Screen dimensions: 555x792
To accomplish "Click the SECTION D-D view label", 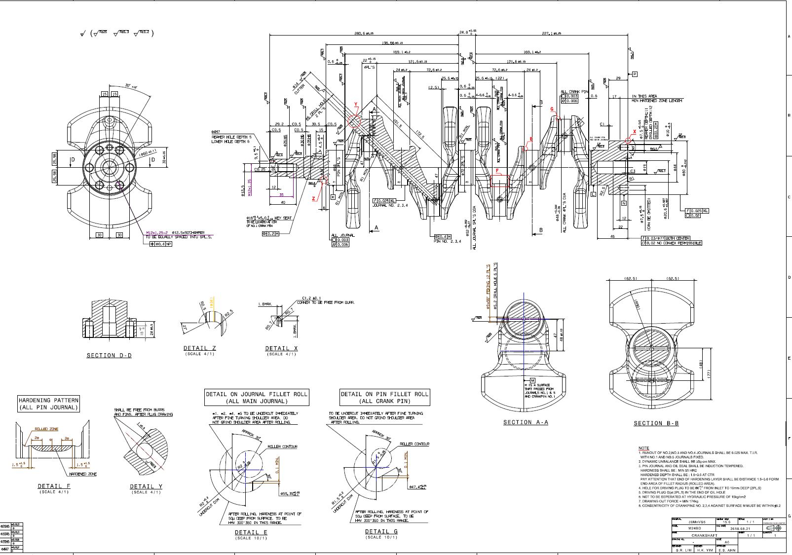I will [109, 355].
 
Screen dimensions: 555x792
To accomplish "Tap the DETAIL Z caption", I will [199, 348].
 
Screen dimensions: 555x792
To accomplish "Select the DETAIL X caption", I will [281, 348].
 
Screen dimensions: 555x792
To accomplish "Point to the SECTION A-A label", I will [526, 422].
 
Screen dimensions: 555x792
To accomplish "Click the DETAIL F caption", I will [54, 486].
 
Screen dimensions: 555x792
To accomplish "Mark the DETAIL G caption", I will [381, 531].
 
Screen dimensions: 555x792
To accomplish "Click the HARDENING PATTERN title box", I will [48, 404].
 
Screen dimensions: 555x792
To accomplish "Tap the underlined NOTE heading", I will [643, 448].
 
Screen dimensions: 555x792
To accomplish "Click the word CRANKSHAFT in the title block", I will [704, 535].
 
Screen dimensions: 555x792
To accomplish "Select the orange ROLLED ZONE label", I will [46, 429].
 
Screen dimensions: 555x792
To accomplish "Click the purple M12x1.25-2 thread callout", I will [157, 232].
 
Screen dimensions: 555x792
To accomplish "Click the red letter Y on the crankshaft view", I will [355, 105].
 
